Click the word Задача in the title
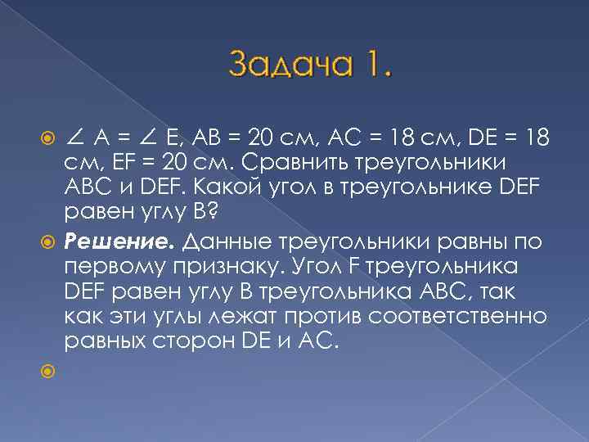pos(286,65)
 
